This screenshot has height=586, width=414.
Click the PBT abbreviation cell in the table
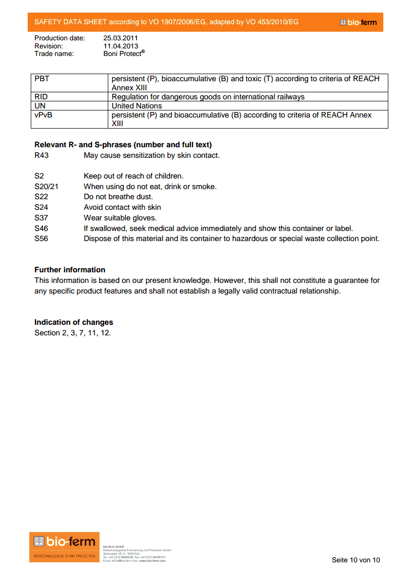click(42, 79)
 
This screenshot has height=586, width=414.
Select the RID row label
click(41, 97)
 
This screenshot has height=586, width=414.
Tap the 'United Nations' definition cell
click(137, 106)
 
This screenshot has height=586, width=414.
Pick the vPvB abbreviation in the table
click(43, 115)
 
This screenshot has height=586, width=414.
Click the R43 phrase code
click(42, 155)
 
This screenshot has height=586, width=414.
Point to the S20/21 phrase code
click(46, 187)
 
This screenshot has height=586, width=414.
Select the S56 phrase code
click(41, 239)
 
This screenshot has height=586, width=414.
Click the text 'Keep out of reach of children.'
click(133, 176)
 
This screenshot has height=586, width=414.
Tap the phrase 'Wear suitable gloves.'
click(120, 218)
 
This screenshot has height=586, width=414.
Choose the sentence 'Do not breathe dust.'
click(118, 197)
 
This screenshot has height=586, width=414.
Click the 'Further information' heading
click(70, 270)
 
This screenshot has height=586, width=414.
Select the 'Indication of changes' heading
click(74, 322)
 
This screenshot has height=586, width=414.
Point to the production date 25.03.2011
click(121, 38)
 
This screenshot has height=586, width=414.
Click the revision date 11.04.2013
click(121, 46)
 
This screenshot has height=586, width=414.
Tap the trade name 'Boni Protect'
click(123, 53)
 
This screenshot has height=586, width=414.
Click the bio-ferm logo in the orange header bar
click(359, 22)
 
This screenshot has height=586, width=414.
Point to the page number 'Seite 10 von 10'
click(356, 560)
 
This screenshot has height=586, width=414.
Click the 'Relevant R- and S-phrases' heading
click(123, 145)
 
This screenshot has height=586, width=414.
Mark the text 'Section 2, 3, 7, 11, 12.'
click(73, 333)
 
